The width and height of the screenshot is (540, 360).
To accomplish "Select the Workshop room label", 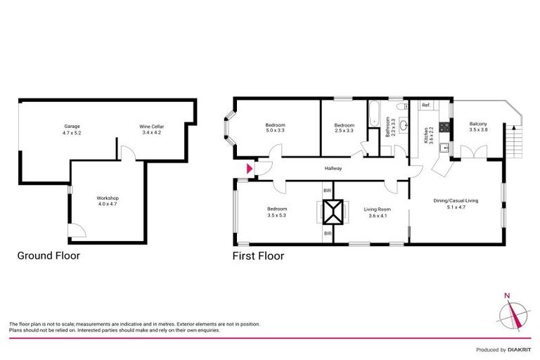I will click(108, 198).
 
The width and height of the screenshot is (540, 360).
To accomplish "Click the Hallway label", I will click(333, 169).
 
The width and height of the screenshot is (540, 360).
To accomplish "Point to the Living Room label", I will click(376, 209).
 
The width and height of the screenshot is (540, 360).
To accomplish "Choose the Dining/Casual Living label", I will click(455, 200).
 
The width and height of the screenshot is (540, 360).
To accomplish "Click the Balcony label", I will click(478, 124).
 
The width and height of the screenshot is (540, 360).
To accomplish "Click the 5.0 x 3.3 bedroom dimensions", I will click(275, 131).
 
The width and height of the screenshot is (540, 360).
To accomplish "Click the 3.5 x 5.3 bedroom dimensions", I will click(276, 216).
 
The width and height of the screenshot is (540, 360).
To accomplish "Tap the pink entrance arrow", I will click(248, 169).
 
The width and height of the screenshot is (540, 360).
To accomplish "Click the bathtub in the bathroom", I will click(373, 113).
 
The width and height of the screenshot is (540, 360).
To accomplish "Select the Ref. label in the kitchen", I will click(426, 105).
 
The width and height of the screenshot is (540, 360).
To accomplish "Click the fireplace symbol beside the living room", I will click(333, 211).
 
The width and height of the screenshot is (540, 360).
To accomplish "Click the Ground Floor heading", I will click(49, 256).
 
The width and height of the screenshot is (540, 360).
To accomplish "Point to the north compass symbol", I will click(512, 313).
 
